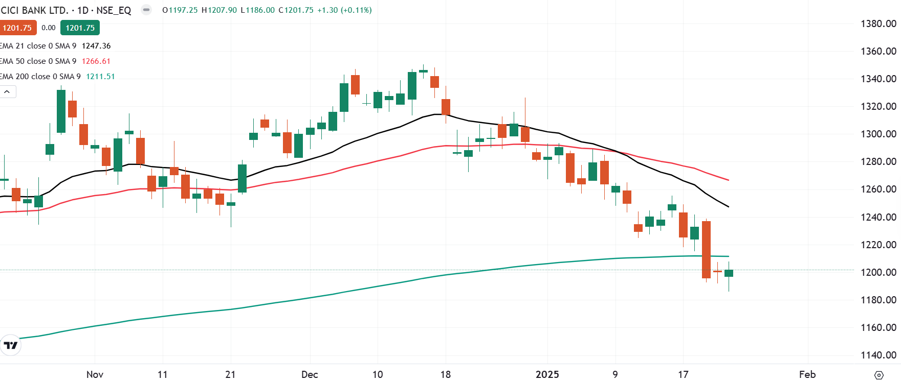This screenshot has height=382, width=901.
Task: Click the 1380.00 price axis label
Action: [x=878, y=23]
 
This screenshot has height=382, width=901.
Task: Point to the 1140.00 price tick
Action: [x=878, y=355]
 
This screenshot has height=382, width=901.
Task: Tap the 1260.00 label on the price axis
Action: [x=878, y=189]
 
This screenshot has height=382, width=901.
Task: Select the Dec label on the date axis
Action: [x=310, y=374]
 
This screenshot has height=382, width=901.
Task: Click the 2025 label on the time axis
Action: [x=547, y=374]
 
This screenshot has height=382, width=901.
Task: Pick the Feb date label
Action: [x=807, y=374]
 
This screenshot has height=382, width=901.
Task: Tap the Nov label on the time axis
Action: [x=95, y=374]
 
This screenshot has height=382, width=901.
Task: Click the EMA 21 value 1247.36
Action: [x=96, y=46]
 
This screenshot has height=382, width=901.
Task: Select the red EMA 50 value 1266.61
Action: [x=96, y=61]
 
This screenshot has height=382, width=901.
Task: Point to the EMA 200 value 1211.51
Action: [x=100, y=77]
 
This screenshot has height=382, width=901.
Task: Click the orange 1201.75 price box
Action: [x=17, y=28]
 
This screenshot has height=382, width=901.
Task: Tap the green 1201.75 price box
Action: [x=80, y=28]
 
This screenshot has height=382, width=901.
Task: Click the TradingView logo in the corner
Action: [x=10, y=345]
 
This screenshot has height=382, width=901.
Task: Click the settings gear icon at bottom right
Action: [x=878, y=375]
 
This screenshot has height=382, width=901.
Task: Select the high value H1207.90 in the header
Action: [x=219, y=10]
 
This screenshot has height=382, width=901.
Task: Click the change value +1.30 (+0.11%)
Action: [x=344, y=10]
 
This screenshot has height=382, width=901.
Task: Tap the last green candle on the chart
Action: [x=729, y=273]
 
